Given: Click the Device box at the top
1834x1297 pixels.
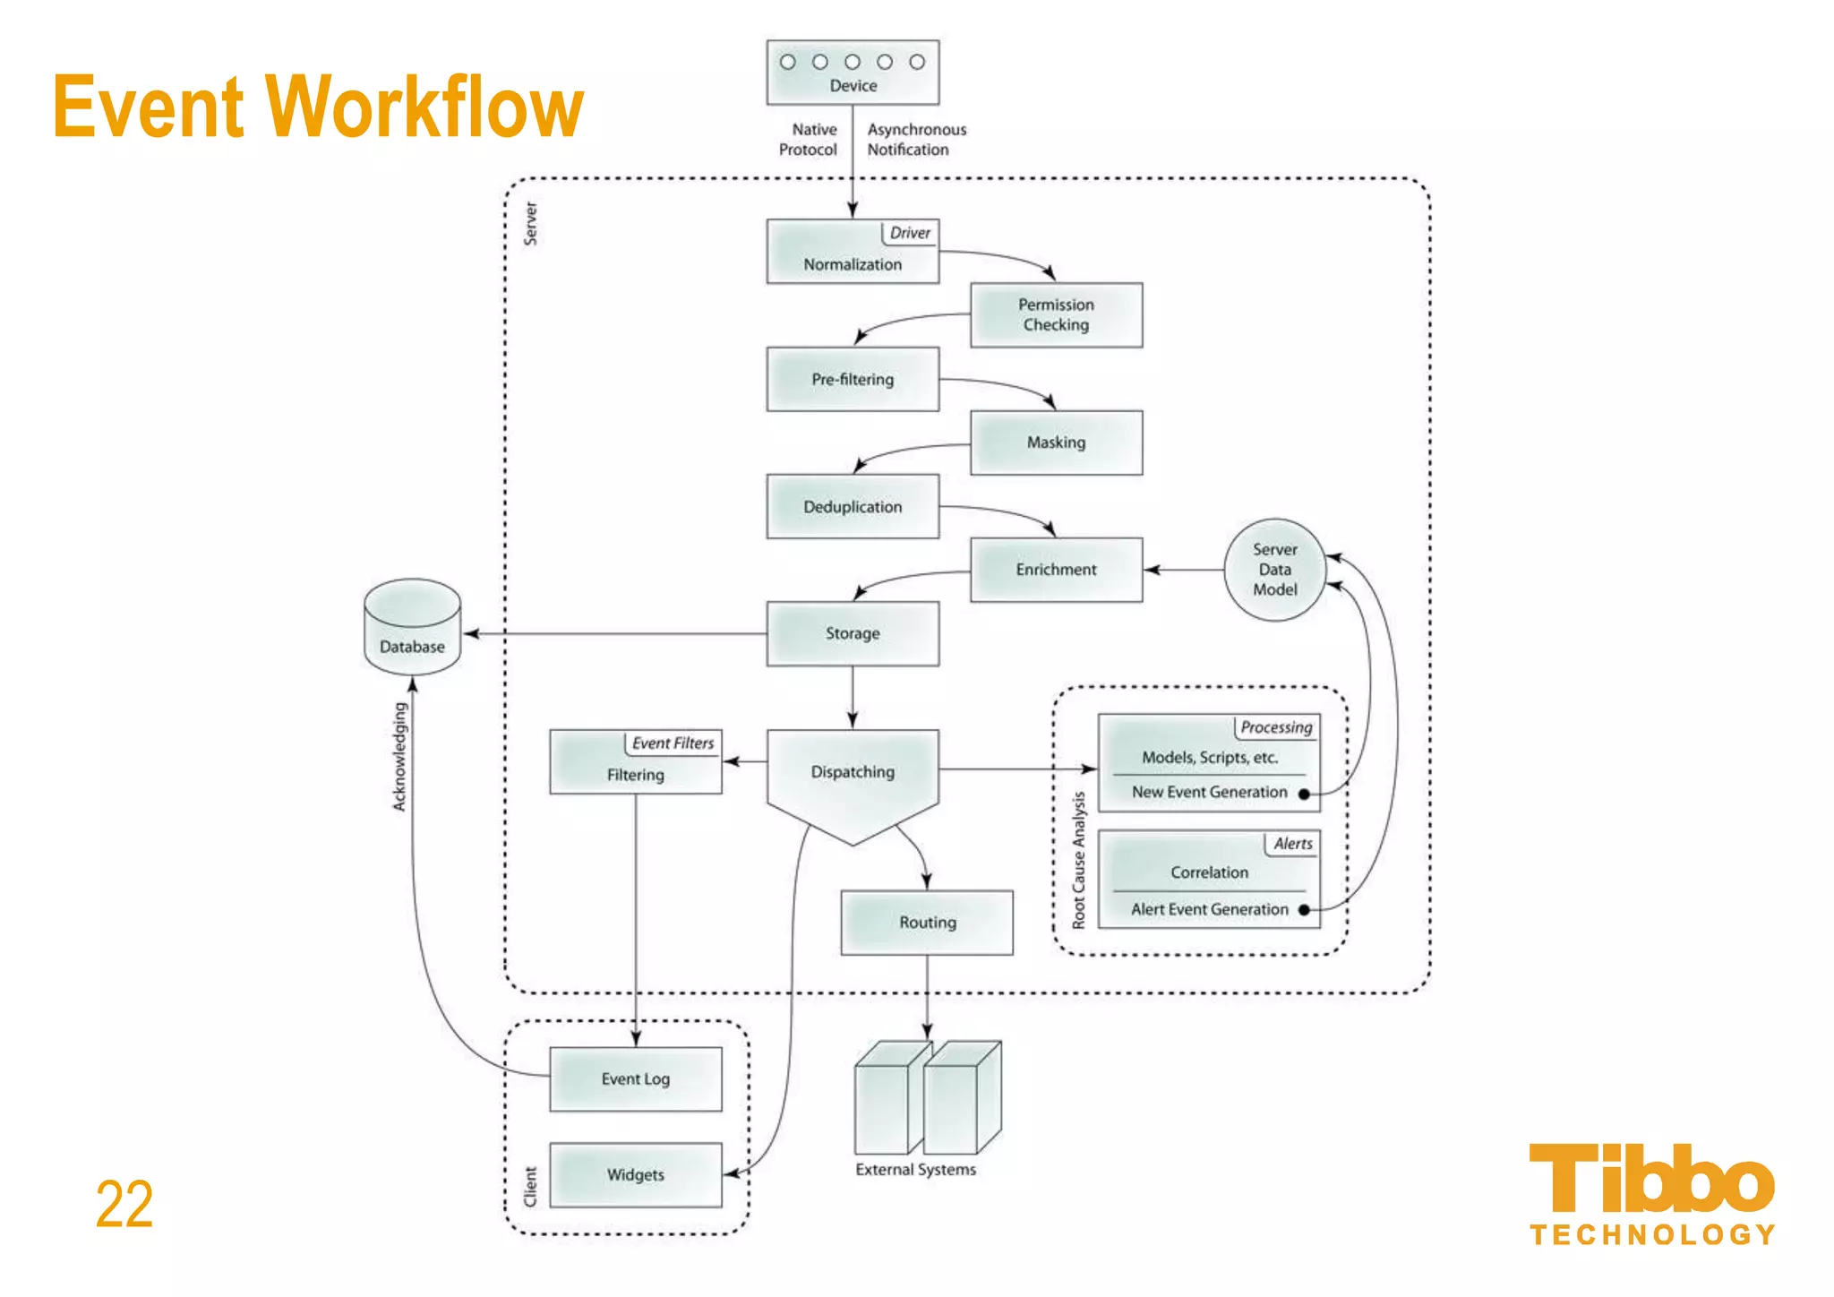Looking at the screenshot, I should coord(853,73).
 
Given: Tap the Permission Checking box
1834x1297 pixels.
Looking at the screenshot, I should coord(1056,315).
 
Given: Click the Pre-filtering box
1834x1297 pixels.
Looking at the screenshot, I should coord(853,380).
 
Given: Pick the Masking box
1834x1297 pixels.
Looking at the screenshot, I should coord(1056,442).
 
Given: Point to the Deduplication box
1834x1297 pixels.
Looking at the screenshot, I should coord(853,507).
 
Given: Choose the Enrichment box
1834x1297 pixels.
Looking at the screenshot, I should coord(1056,570).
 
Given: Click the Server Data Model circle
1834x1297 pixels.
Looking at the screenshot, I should coord(1274,570).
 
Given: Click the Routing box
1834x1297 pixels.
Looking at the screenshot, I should coord(927,923).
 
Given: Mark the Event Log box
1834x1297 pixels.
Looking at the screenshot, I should coord(635,1079).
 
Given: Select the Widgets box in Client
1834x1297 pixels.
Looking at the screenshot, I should coord(635,1175).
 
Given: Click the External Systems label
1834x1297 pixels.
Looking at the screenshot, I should coord(915,1170).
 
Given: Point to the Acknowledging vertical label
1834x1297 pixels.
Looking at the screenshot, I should coord(399,757).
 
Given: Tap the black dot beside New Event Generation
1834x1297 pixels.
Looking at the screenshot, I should coord(1304,794).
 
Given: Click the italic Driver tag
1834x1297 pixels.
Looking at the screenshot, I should coord(910,233).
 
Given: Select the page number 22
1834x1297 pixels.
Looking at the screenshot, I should coord(124,1205).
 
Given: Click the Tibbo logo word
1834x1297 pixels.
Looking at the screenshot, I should coord(1651,1179).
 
